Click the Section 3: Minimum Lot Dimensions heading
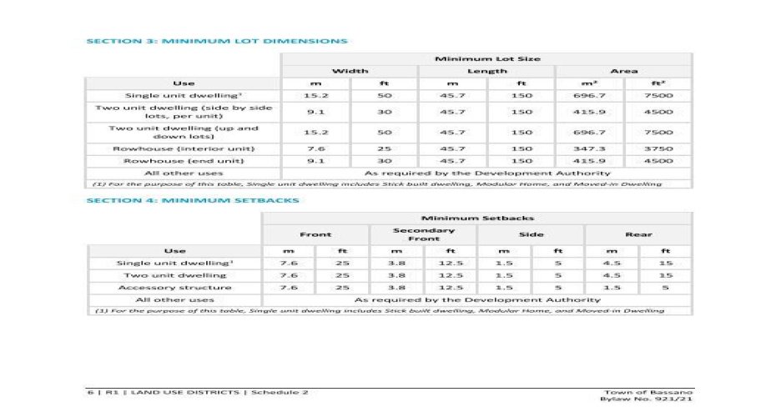pyautogui.click(x=217, y=40)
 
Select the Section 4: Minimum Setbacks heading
pyautogui.click(x=193, y=200)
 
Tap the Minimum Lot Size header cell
pyautogui.click(x=486, y=58)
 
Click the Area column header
pyautogui.click(x=623, y=71)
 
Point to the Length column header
pyautogui.click(x=486, y=71)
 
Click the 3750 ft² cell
pyautogui.click(x=658, y=148)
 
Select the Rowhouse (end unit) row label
pyautogui.click(x=183, y=160)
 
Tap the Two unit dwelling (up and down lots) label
pyautogui.click(x=183, y=132)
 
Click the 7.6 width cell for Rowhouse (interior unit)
pyautogui.click(x=315, y=148)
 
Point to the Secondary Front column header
pyautogui.click(x=423, y=234)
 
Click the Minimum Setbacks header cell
pyautogui.click(x=476, y=217)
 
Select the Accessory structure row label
pyautogui.click(x=174, y=287)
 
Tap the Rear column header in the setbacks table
pyautogui.click(x=638, y=234)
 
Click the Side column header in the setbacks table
pyautogui.click(x=531, y=234)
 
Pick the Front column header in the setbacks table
pyautogui.click(x=315, y=234)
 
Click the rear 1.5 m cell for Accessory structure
pyautogui.click(x=612, y=287)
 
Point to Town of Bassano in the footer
pyautogui.click(x=649, y=391)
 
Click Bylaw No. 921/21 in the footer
pyautogui.click(x=647, y=399)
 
